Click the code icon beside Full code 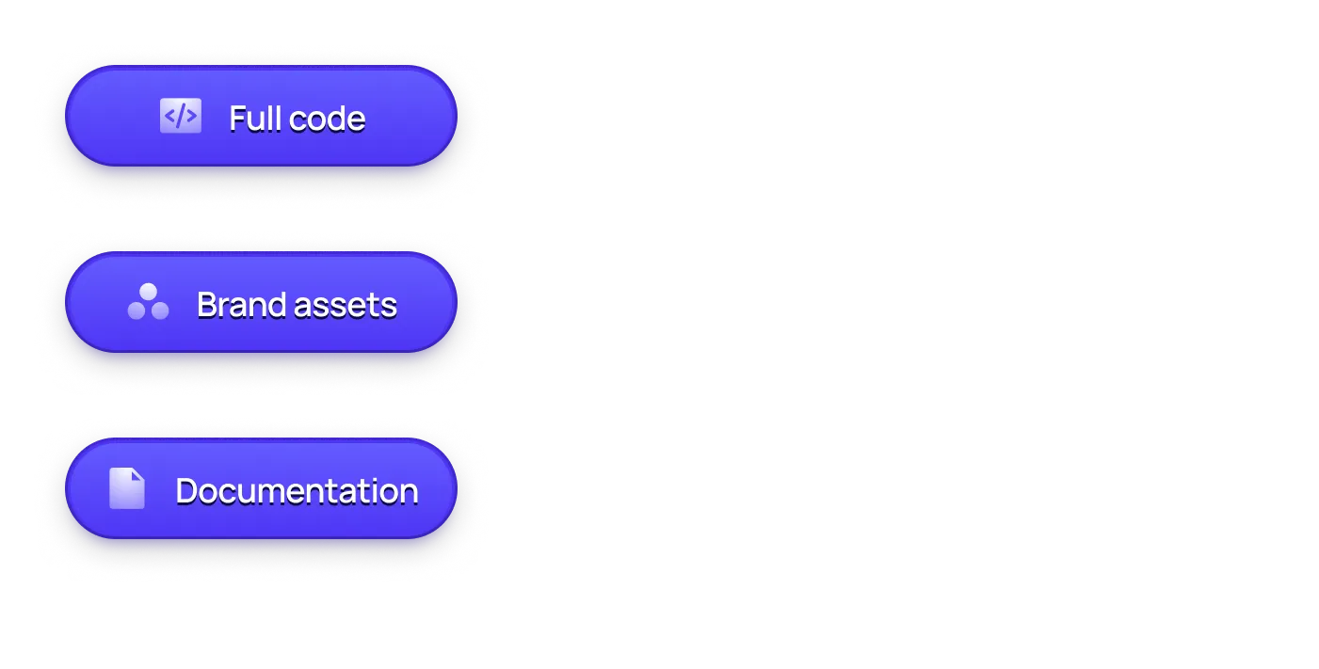[180, 116]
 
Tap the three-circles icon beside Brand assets [148, 302]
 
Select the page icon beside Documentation [127, 488]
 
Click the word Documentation [297, 491]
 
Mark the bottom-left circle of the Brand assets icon [137, 311]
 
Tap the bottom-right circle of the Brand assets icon [160, 311]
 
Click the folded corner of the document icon [138, 474]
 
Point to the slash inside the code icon [180, 116]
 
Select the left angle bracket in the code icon [169, 116]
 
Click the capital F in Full [237, 119]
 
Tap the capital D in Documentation [186, 491]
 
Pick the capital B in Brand [207, 305]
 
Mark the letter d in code [337, 119]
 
